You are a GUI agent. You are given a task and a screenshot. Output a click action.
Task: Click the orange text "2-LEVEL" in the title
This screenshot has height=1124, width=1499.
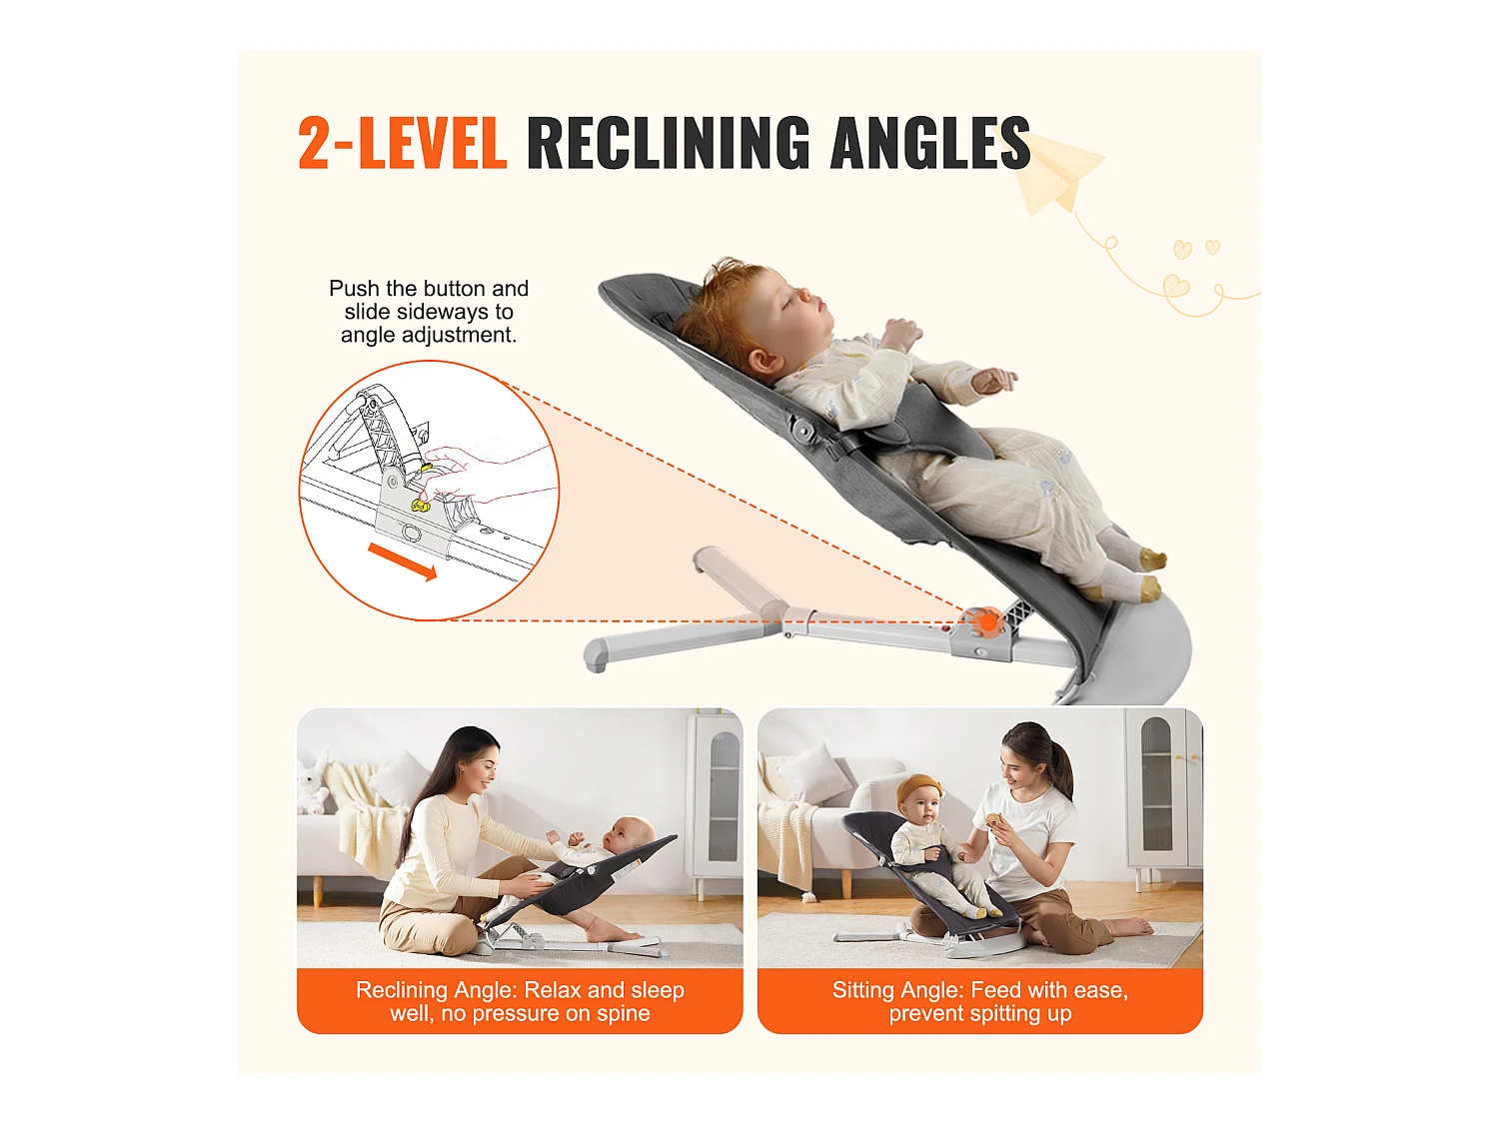[402, 143]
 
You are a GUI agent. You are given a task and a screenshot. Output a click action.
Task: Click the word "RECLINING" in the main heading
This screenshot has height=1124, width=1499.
[667, 143]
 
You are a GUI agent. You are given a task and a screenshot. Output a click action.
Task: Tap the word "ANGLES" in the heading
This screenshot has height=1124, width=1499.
[929, 143]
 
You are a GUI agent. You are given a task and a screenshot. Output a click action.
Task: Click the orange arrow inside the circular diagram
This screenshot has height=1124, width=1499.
[402, 562]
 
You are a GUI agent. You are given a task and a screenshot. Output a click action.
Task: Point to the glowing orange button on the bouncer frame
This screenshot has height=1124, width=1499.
[987, 622]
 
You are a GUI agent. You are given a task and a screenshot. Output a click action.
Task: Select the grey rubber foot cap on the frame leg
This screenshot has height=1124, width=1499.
[596, 656]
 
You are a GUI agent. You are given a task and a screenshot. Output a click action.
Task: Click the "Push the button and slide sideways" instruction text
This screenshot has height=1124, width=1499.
[429, 312]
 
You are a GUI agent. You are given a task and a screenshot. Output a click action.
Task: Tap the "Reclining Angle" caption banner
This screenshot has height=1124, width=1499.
[520, 1001]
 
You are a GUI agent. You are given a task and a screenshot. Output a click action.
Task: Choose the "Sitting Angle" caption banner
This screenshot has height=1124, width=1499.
[979, 1001]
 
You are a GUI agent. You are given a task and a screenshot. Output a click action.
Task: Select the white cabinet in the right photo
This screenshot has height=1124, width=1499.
[1162, 794]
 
